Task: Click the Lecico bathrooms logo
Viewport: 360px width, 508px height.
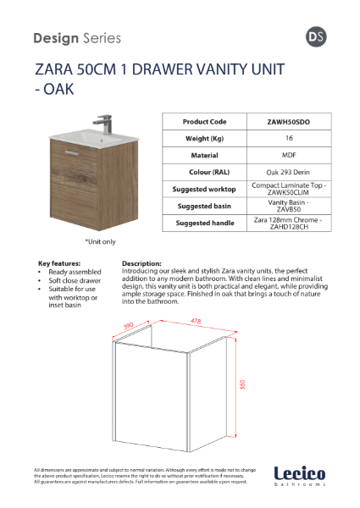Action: [x=300, y=476]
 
